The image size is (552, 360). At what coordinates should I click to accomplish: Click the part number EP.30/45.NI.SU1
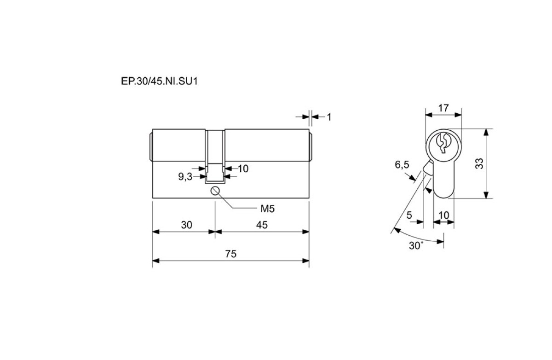tap(160, 81)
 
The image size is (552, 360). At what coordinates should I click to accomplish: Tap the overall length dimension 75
tap(230, 254)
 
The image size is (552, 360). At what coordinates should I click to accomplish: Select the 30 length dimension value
tap(187, 225)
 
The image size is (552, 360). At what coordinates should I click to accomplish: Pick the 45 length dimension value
tap(262, 225)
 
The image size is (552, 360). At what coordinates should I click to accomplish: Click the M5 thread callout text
tap(268, 209)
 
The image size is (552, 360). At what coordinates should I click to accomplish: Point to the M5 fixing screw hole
tap(215, 191)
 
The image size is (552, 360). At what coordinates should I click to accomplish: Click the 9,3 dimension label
tap(185, 177)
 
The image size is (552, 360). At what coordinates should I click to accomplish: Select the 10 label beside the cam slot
tap(243, 169)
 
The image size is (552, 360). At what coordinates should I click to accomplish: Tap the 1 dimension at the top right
tap(329, 117)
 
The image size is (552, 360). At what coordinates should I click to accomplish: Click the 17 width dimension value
tap(443, 108)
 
